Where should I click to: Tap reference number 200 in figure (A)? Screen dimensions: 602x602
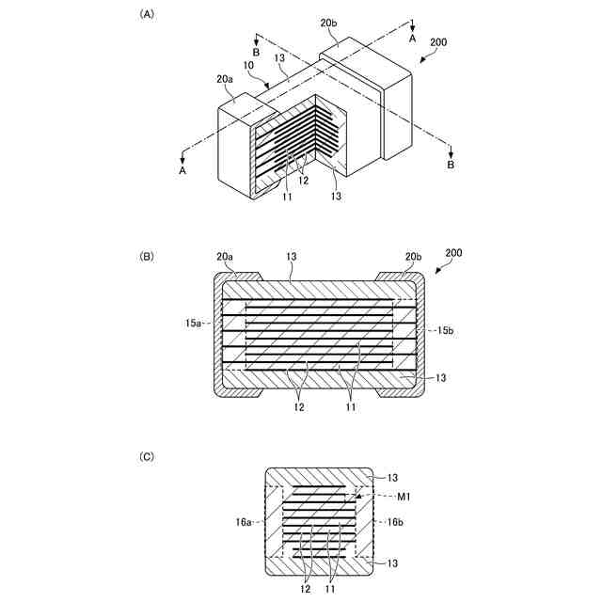click(438, 43)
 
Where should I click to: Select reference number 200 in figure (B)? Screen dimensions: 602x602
click(453, 254)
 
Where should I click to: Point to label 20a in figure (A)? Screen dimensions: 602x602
click(225, 80)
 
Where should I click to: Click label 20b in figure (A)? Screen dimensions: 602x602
click(329, 22)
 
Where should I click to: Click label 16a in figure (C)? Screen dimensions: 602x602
click(243, 520)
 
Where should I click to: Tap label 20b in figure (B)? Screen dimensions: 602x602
click(412, 257)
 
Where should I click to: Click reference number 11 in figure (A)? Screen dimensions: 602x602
click(287, 197)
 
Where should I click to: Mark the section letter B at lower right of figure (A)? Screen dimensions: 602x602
click(451, 165)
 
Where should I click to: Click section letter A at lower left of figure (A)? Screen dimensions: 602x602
click(182, 171)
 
